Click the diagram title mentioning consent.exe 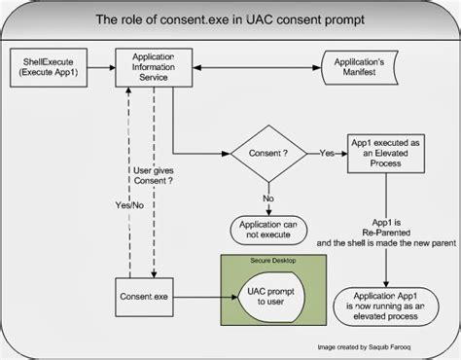tap(230, 18)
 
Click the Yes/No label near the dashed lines tap(119, 206)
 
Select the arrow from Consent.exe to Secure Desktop tap(202, 290)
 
